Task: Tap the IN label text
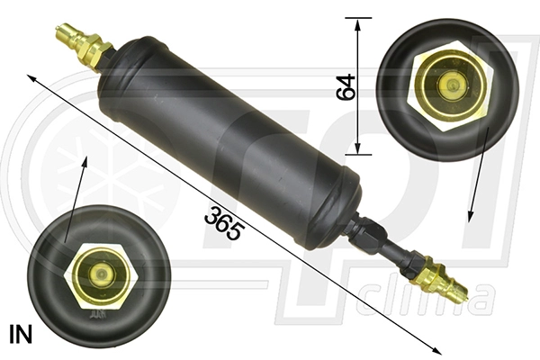pyautogui.click(x=20, y=336)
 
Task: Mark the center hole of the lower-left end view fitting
pyautogui.click(x=100, y=274)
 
